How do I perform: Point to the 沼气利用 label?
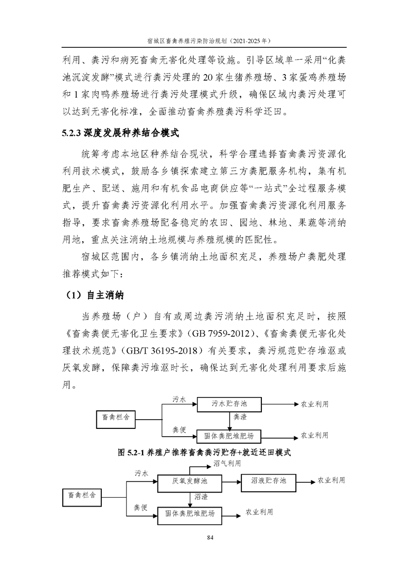click(227, 464)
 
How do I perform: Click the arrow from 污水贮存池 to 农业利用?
click(281, 405)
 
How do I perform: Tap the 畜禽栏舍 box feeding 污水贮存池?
click(116, 420)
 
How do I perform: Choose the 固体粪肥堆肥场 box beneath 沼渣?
click(190, 513)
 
